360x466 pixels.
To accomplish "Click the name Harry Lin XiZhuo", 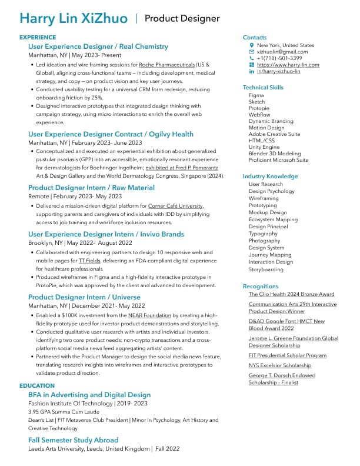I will (74, 19).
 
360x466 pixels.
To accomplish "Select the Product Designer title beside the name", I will (182, 19).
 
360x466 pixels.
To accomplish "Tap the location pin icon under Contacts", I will (252, 45).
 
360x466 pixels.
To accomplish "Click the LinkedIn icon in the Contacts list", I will (252, 71).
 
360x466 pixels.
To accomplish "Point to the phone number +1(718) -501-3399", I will (279, 58).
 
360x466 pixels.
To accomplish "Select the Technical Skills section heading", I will (263, 88).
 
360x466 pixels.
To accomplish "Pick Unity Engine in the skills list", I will (264, 147).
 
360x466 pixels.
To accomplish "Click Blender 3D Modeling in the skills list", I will (274, 154).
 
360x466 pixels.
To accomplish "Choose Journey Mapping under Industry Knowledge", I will (269, 255).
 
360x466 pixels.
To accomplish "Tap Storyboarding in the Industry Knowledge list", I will (266, 269).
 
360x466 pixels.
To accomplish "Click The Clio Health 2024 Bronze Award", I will (291, 294).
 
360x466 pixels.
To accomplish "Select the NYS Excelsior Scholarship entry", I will (279, 365).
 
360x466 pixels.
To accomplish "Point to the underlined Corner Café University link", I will (175, 206).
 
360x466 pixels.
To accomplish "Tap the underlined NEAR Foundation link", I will (149, 316).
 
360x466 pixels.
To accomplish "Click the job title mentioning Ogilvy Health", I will (111, 134).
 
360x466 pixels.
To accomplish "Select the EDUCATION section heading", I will (37, 386).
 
